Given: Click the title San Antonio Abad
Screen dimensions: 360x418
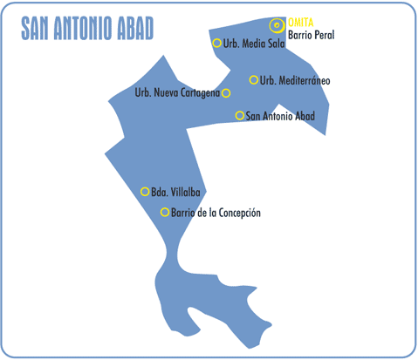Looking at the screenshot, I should pyautogui.click(x=88, y=30).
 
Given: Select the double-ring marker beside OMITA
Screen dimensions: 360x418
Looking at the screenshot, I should pyautogui.click(x=278, y=25).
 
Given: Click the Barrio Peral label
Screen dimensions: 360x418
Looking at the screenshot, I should pyautogui.click(x=311, y=37).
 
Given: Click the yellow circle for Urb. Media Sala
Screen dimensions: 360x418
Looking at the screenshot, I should pyautogui.click(x=216, y=43).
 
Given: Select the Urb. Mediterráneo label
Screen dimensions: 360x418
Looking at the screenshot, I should pyautogui.click(x=295, y=80).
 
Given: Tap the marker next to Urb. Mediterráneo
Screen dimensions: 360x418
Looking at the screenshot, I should pyautogui.click(x=254, y=80).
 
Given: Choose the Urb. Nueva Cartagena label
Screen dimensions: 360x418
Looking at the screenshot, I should pyautogui.click(x=177, y=93).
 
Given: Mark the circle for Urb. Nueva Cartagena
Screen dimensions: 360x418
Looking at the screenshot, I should pyautogui.click(x=226, y=93).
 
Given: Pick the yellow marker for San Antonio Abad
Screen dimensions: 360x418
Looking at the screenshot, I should pyautogui.click(x=240, y=115).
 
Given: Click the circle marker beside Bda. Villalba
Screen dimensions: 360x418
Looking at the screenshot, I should pyautogui.click(x=145, y=192).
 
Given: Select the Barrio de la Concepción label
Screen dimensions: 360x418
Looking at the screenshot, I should pyautogui.click(x=216, y=212).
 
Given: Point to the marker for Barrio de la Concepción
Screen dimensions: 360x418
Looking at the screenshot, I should pyautogui.click(x=165, y=212).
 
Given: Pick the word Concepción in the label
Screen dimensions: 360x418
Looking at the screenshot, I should pyautogui.click(x=238, y=212).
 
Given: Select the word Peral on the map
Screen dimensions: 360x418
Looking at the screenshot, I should pyautogui.click(x=323, y=37).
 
